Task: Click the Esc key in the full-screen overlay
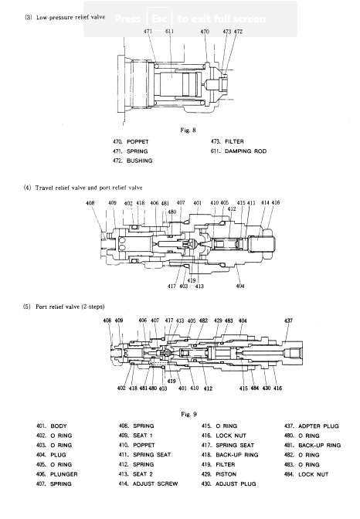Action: (159, 19)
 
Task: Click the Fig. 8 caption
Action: (188, 130)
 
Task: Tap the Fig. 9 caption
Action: (188, 414)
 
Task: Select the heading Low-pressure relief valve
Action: (70, 17)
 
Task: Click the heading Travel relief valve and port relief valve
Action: (89, 188)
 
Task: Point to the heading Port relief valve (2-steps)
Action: (70, 307)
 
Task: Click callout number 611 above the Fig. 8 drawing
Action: (169, 31)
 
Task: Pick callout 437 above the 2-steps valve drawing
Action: (288, 321)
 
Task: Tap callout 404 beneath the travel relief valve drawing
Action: (240, 286)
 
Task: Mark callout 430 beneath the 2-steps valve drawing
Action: (267, 388)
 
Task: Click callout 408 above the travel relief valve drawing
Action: (90, 202)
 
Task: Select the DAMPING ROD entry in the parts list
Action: (246, 151)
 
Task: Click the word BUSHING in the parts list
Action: (139, 161)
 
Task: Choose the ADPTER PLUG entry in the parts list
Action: (318, 426)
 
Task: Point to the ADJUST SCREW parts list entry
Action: (155, 484)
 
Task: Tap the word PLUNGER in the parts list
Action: (64, 474)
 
